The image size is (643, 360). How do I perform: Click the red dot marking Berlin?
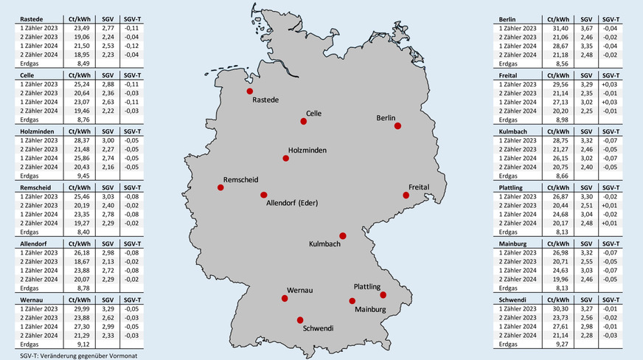click(397, 126)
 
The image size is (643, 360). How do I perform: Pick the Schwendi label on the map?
click(319, 328)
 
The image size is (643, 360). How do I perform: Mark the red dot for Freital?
click(406, 195)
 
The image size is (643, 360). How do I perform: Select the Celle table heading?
click(27, 75)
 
